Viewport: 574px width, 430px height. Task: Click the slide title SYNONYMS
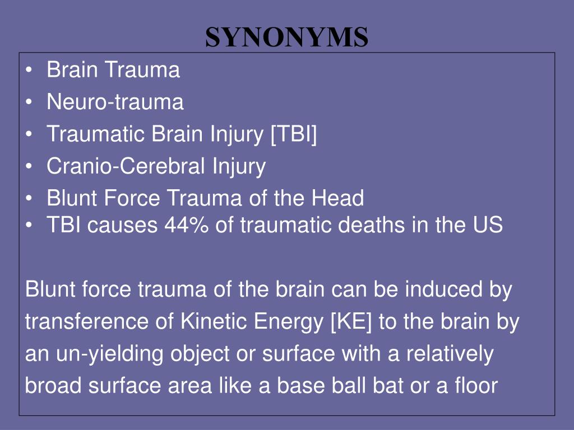286,37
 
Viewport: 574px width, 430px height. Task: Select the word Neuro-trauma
115,102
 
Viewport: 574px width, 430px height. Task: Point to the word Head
342,198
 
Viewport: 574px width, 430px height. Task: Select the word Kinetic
214,322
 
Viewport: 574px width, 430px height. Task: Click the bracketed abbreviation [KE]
352,322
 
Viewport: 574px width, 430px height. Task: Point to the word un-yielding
101,354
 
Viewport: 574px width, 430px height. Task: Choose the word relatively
450,354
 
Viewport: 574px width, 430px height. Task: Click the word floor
476,386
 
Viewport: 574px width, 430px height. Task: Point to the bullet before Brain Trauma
30,71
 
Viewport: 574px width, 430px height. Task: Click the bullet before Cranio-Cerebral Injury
30,166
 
